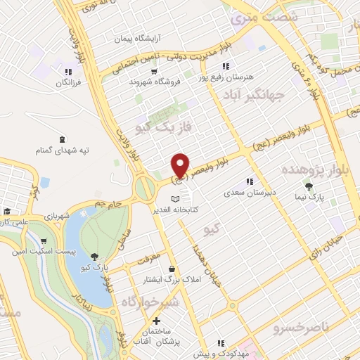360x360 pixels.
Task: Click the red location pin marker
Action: pyautogui.click(x=180, y=166)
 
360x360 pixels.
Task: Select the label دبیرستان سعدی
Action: pyautogui.click(x=246, y=192)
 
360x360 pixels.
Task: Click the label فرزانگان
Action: pyautogui.click(x=70, y=82)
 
